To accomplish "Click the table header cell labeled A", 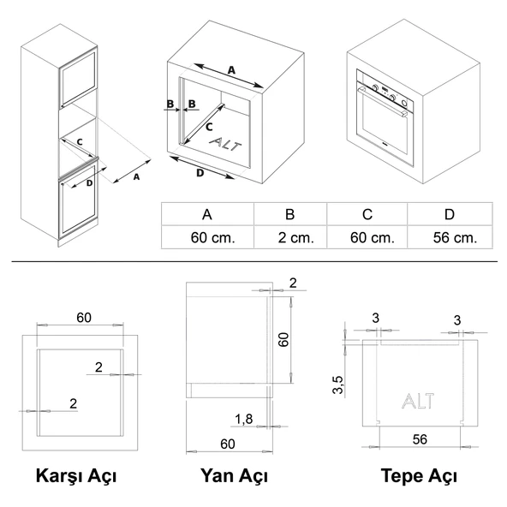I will click(206, 214).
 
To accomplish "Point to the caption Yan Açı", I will click(234, 475).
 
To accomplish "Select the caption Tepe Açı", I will click(420, 475).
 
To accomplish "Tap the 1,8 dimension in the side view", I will click(243, 418).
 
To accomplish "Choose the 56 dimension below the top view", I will click(419, 439).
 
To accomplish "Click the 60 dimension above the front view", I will click(83, 318).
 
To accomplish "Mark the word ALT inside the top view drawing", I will click(417, 401).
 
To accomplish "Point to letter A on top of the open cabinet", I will click(231, 69).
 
